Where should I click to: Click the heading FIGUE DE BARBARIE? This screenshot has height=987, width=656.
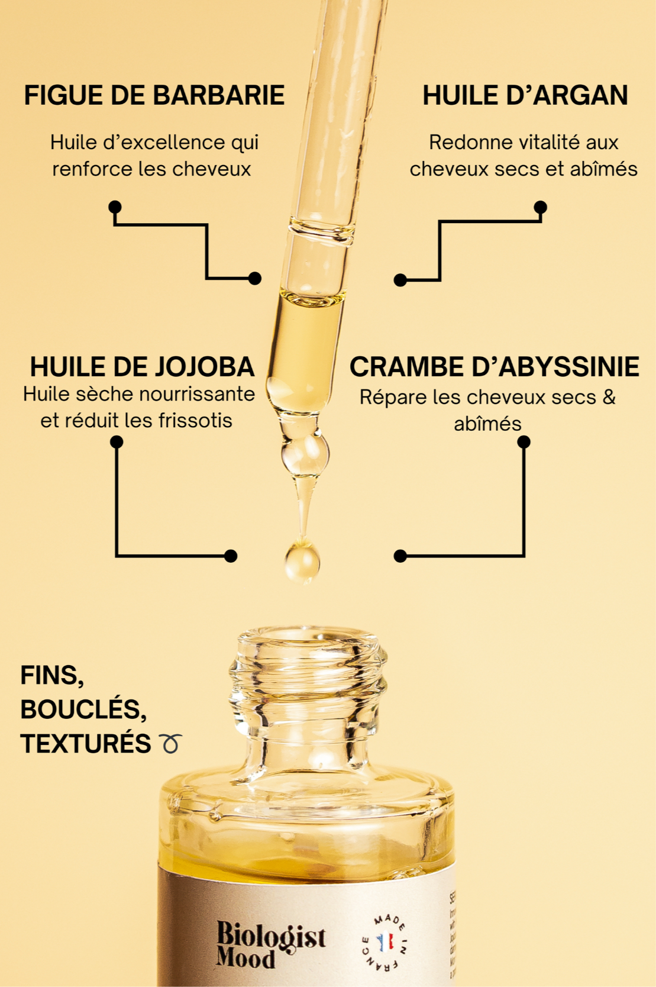pyautogui.click(x=154, y=95)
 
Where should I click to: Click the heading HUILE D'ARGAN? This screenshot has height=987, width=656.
pyautogui.click(x=525, y=95)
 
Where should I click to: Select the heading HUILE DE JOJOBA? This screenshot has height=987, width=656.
pyautogui.click(x=142, y=367)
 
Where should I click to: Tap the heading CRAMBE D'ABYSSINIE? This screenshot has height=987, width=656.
pyautogui.click(x=494, y=367)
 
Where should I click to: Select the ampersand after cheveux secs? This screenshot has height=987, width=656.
pyautogui.click(x=609, y=397)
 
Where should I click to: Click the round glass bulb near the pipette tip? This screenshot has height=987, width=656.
pyautogui.click(x=305, y=454)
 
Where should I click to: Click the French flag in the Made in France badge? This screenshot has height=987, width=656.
pyautogui.click(x=385, y=941)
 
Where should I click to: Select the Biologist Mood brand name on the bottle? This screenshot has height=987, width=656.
pyautogui.click(x=270, y=945)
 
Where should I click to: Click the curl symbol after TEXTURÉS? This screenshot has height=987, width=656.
pyautogui.click(x=170, y=743)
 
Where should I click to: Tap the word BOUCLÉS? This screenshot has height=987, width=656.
pyautogui.click(x=83, y=709)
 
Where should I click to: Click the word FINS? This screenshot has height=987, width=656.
pyautogui.click(x=52, y=675)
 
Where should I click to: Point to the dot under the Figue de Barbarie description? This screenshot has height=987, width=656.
pyautogui.click(x=115, y=207)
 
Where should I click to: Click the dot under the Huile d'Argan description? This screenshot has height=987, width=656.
pyautogui.click(x=540, y=207)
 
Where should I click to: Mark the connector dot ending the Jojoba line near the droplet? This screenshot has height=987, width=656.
pyautogui.click(x=231, y=556)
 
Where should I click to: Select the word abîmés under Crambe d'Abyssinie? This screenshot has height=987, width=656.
pyautogui.click(x=487, y=424)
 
